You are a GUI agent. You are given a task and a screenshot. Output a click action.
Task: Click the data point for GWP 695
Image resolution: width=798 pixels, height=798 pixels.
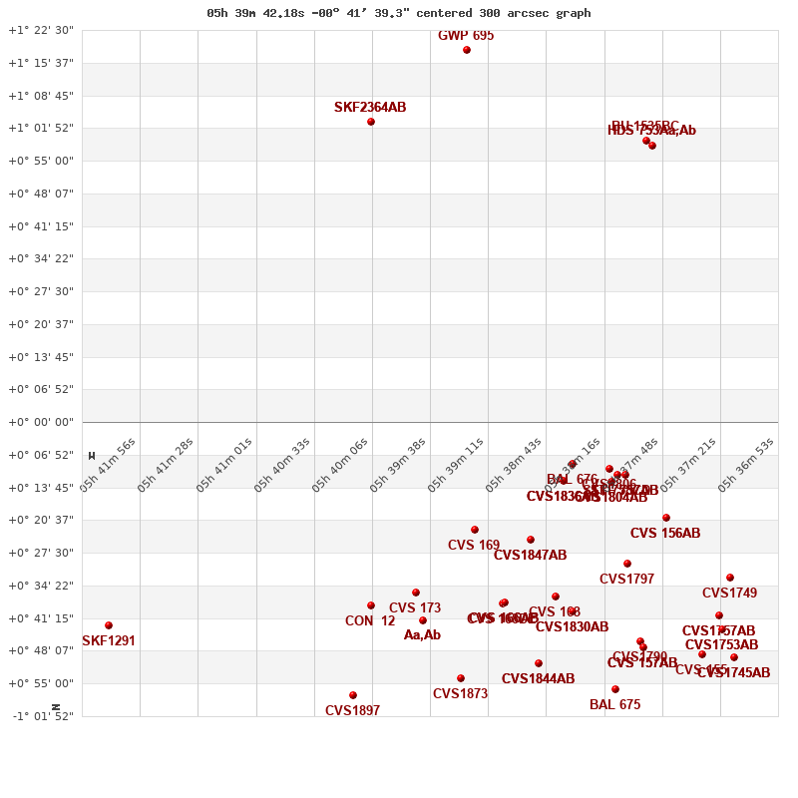pyautogui.click(x=467, y=50)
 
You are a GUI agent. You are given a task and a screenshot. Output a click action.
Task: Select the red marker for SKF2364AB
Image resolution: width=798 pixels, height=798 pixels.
pyautogui.click(x=371, y=122)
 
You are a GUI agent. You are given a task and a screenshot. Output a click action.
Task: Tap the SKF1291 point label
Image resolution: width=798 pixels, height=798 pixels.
pyautogui.click(x=109, y=641)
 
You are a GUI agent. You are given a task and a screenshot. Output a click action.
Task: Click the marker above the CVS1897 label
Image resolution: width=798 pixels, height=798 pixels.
pyautogui.click(x=353, y=695)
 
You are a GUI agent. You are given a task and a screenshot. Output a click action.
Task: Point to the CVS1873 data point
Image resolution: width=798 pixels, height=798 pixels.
pyautogui.click(x=461, y=678)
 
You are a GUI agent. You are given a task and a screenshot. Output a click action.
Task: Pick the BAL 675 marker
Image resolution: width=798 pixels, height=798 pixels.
pyautogui.click(x=615, y=689)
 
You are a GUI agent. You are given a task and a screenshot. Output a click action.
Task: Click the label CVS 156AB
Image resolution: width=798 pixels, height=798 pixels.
pyautogui.click(x=665, y=534)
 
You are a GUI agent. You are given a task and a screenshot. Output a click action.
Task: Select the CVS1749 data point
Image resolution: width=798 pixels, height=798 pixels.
pyautogui.click(x=730, y=578)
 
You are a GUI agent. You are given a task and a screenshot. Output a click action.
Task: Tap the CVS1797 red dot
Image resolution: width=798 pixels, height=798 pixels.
pyautogui.click(x=627, y=564)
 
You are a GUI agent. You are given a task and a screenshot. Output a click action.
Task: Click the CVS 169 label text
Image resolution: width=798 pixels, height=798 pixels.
pyautogui.click(x=474, y=546)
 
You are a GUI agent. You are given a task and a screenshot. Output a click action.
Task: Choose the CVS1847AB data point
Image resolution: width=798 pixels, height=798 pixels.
pyautogui.click(x=531, y=540)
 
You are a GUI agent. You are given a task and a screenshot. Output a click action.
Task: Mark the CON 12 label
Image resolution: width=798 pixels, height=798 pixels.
pyautogui.click(x=370, y=621)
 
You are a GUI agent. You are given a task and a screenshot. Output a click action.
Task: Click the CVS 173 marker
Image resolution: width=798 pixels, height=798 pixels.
pyautogui.click(x=416, y=593)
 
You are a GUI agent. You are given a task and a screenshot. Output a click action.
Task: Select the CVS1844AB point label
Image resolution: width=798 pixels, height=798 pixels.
pyautogui.click(x=538, y=679)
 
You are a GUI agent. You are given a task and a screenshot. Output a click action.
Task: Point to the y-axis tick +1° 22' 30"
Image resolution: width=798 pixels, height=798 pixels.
pyautogui.click(x=41, y=30)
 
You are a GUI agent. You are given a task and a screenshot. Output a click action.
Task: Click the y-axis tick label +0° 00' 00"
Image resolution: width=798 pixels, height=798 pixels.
pyautogui.click(x=41, y=422)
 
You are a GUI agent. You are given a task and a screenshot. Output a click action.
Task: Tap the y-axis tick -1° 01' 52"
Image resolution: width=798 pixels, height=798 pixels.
pyautogui.click(x=41, y=716)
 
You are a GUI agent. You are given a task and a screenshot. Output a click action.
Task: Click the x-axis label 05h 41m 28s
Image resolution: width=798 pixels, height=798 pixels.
pyautogui.click(x=166, y=465)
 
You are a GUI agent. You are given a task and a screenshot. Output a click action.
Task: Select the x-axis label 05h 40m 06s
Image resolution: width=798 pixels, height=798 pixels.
pyautogui.click(x=340, y=465)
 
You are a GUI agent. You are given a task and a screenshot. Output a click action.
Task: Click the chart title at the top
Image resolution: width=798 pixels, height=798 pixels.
pyautogui.click(x=399, y=13)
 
